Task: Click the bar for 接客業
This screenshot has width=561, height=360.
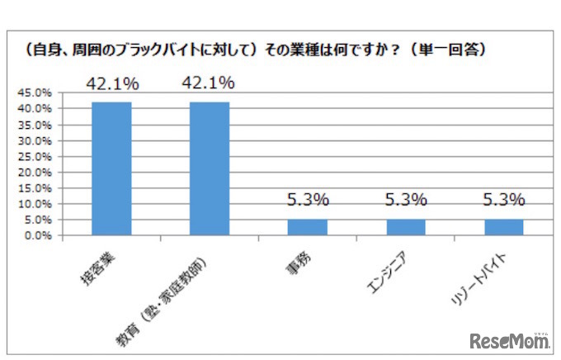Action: coord(111,168)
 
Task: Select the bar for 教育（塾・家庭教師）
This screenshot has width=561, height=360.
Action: coord(210,168)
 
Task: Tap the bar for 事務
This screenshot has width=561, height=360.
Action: coord(308,227)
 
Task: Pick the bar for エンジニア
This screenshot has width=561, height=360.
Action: coord(406,227)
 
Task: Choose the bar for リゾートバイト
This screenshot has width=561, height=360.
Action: coord(504,227)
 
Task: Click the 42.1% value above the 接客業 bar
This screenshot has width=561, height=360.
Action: coord(112,83)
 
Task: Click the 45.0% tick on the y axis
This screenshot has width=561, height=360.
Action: coord(35,93)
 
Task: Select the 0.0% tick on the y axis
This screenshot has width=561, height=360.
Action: coord(37,235)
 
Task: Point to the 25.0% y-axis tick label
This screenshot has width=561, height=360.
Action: coord(35,156)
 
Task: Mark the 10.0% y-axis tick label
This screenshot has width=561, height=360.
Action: coord(35,204)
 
